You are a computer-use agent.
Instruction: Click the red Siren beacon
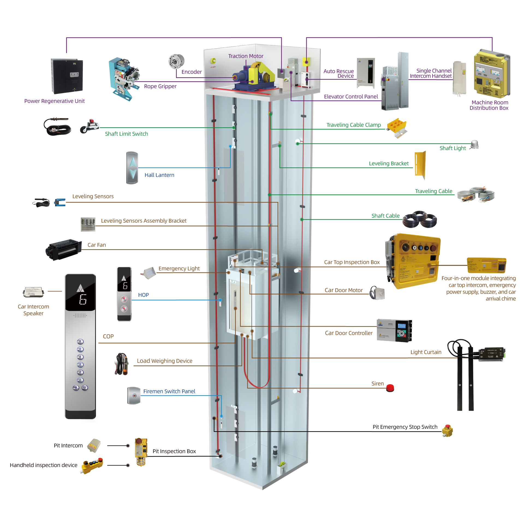(x=390, y=388)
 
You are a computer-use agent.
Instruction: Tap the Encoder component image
(x=176, y=61)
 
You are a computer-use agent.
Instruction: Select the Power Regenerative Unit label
(x=55, y=101)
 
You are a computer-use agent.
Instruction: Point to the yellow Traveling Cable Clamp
(x=397, y=127)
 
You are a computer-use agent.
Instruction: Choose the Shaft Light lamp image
(x=475, y=144)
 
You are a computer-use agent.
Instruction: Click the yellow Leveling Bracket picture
(x=420, y=165)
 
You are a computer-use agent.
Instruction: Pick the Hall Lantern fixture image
(x=132, y=168)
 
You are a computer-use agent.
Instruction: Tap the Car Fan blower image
(x=64, y=249)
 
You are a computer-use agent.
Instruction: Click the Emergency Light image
(x=149, y=273)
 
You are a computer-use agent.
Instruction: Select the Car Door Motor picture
(x=377, y=293)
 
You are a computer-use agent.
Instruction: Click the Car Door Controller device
(x=394, y=331)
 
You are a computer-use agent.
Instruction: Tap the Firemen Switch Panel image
(x=134, y=395)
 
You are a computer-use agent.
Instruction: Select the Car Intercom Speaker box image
(x=34, y=292)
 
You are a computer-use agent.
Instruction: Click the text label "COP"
(x=108, y=337)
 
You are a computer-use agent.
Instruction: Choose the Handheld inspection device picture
(x=93, y=465)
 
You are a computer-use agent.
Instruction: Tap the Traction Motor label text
(x=246, y=56)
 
